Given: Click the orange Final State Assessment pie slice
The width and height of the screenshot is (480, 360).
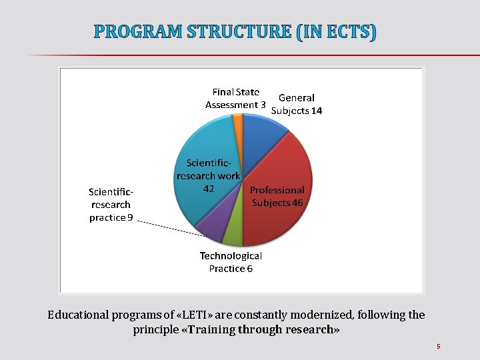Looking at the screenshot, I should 238,121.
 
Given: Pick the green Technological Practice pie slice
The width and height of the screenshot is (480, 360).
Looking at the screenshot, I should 233,235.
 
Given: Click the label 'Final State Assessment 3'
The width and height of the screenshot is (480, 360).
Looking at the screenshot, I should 235,99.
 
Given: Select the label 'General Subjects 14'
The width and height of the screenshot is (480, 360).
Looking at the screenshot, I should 297,104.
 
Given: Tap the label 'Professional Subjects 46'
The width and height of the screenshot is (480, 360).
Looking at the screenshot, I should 277,196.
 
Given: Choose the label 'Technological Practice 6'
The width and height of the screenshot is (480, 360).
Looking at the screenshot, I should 231,262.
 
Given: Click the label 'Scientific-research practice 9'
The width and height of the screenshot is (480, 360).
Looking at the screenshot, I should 111,205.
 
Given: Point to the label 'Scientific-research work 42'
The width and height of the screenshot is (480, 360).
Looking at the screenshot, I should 207,175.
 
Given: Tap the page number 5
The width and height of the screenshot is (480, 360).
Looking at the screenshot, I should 439,346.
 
